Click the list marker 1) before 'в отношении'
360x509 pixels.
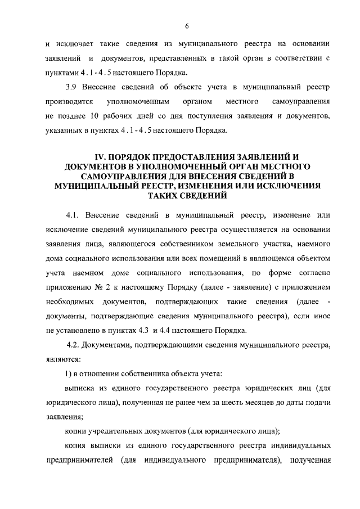tap(68, 373)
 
